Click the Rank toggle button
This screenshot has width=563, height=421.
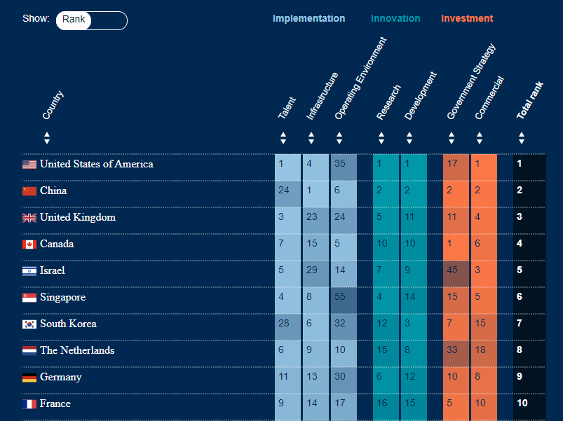point(74,20)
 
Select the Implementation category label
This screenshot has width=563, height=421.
point(308,19)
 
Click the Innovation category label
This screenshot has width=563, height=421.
point(395,19)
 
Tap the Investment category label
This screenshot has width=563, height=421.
point(467,19)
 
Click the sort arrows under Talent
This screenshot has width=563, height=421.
point(283,138)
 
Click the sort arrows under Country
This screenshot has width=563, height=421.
point(47,138)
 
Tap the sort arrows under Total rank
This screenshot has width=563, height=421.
point(521,138)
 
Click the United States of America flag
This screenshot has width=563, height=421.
point(29,165)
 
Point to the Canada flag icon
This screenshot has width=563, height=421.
point(29,244)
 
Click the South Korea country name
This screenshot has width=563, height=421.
point(68,324)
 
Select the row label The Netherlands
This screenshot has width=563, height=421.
point(76,350)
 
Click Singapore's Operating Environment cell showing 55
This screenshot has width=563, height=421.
point(344,297)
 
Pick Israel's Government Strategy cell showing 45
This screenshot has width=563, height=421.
point(456,270)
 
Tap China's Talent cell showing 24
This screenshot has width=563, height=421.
point(287,191)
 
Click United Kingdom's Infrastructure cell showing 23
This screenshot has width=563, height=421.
point(315,217)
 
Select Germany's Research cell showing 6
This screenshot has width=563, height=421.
point(386,377)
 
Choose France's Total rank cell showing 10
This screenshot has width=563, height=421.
point(529,403)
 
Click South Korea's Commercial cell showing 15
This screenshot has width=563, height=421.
point(484,324)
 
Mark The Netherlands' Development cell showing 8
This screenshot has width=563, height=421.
point(414,350)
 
